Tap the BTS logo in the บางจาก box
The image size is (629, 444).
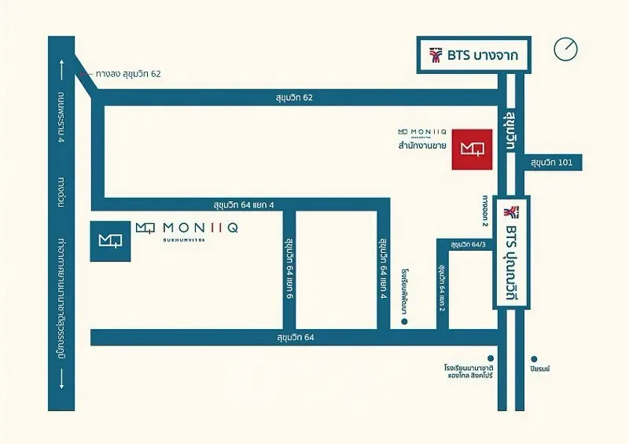click(435, 56)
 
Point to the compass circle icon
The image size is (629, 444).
click(565, 50)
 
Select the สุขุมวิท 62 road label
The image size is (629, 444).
click(295, 97)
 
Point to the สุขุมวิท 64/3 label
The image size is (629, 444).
click(467, 246)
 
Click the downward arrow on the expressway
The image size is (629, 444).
click(61, 383)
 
